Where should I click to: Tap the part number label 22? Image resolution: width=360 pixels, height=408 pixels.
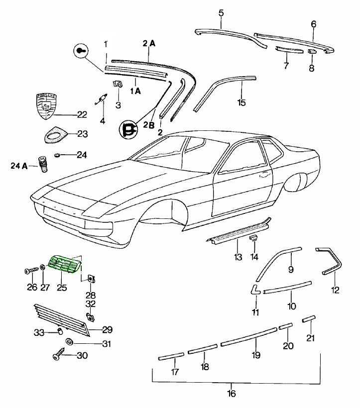click(x=82, y=114)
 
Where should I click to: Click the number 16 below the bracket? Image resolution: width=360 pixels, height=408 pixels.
click(x=232, y=394)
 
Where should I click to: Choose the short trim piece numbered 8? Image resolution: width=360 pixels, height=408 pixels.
click(x=311, y=51)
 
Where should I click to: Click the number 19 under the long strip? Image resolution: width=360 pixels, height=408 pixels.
click(x=256, y=355)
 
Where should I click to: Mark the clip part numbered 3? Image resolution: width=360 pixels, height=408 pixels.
click(x=118, y=84)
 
